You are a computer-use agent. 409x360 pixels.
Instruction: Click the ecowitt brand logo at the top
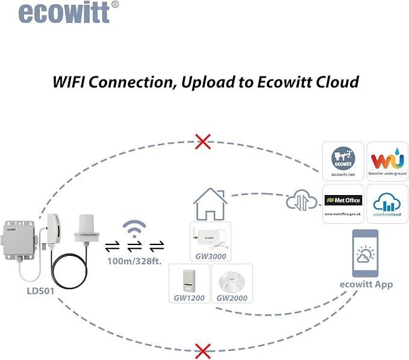tap(68, 12)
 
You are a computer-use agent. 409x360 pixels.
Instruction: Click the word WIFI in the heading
tap(69, 82)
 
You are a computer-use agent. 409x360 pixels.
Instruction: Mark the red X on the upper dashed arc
tap(203, 141)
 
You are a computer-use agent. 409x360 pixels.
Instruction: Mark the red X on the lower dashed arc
tap(203, 352)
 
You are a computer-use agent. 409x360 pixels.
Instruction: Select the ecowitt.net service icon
tap(343, 161)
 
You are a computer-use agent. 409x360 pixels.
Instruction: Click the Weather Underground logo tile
tap(387, 161)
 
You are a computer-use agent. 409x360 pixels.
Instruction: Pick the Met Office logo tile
tap(343, 204)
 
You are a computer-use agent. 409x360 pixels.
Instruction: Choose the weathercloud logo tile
tap(387, 204)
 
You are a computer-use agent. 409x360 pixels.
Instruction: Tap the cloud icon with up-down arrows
tap(302, 200)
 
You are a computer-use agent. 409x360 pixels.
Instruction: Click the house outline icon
tap(210, 204)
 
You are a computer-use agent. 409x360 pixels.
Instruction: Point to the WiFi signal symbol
tap(134, 229)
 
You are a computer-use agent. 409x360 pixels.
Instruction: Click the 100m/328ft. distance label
tap(134, 261)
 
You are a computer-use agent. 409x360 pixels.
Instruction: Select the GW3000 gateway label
tap(211, 256)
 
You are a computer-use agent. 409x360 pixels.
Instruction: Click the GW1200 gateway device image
tap(189, 281)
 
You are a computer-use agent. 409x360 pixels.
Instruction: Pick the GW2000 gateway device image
tap(232, 282)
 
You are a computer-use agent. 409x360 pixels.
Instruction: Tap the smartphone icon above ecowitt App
tap(365, 253)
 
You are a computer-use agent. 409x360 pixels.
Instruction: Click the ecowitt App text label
tap(366, 284)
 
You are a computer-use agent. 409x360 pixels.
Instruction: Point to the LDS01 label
tap(41, 291)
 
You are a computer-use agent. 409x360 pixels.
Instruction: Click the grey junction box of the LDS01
tap(19, 240)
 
